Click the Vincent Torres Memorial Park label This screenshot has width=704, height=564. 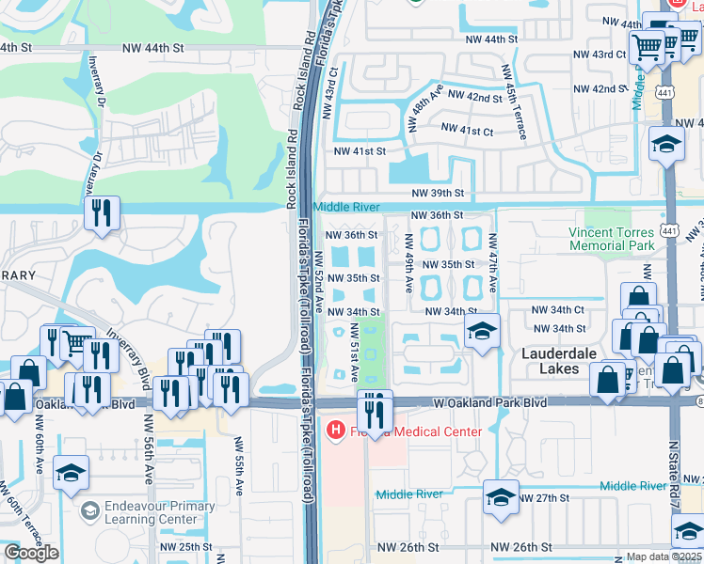pyautogui.click(x=612, y=239)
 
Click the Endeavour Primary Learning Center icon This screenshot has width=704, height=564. pyautogui.click(x=90, y=511)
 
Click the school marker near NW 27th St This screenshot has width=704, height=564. pyautogui.click(x=499, y=498)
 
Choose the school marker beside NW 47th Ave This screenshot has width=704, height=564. pyautogui.click(x=481, y=331)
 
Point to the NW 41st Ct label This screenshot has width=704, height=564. pyautogui.click(x=467, y=131)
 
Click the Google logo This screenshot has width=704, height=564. pyautogui.click(x=31, y=552)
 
